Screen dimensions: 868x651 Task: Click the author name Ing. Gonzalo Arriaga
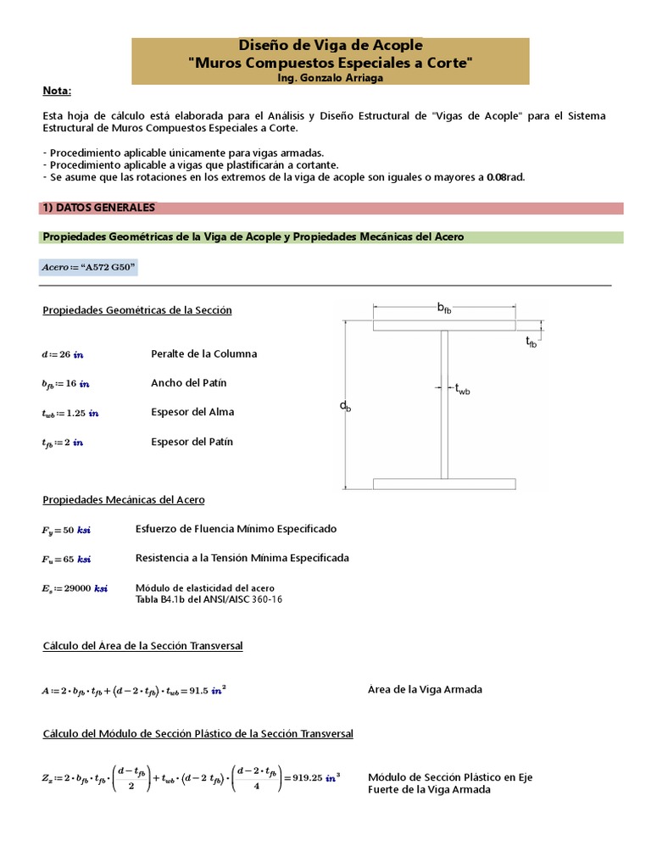[330, 77]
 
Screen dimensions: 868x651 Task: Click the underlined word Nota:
[57, 92]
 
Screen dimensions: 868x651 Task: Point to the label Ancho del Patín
[188, 383]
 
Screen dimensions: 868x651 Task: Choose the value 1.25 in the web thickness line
[77, 414]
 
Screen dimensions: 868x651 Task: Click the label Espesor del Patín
[192, 442]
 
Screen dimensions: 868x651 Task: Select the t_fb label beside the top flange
[531, 342]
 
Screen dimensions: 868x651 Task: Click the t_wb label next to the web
[462, 389]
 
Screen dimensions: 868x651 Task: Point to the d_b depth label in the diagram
[345, 407]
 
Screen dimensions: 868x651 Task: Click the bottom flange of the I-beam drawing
[444, 484]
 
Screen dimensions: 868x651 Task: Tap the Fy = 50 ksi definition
[65, 530]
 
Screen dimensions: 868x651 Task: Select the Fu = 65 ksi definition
[65, 559]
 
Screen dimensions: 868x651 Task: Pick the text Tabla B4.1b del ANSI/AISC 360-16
[209, 598]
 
